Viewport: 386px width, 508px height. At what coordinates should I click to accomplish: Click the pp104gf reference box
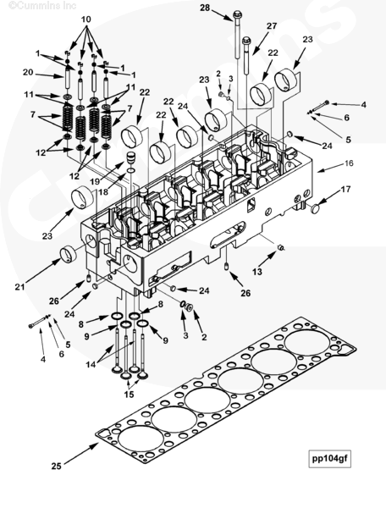tap(329, 458)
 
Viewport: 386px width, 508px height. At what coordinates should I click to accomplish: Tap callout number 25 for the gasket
tap(57, 466)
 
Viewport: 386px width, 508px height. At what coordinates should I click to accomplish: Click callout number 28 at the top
tap(205, 8)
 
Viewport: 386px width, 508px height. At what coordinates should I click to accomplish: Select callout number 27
tap(272, 26)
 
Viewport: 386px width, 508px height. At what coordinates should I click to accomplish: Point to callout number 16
tap(349, 163)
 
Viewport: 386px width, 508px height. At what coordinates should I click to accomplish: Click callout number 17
tap(346, 189)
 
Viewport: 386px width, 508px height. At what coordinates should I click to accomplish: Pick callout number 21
tap(19, 286)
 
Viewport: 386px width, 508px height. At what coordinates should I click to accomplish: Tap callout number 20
tap(28, 72)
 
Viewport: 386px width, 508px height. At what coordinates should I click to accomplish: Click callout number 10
tap(85, 19)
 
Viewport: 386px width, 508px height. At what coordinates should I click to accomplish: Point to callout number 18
tap(103, 192)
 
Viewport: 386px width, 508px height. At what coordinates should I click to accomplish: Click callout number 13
tap(257, 272)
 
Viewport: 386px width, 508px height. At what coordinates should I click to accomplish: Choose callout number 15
tap(129, 395)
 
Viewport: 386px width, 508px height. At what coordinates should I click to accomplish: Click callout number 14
tap(91, 364)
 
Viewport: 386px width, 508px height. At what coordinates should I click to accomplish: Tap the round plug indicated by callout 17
tap(316, 208)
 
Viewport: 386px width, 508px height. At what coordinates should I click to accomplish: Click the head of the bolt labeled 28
tap(237, 14)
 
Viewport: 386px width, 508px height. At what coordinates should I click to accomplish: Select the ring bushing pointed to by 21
tap(68, 254)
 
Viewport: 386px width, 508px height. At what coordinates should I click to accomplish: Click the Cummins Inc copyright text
tap(42, 6)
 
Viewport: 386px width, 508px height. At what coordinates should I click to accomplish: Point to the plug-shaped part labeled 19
tap(130, 158)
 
